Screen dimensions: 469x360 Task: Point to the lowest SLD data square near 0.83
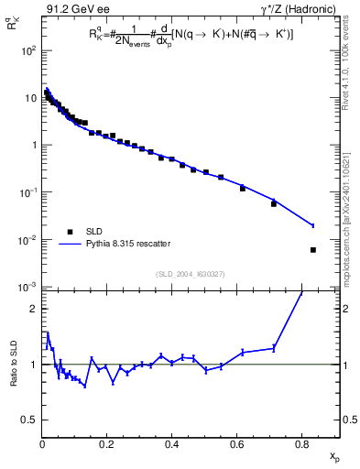[313, 250]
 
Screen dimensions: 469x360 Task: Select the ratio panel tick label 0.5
[29, 420]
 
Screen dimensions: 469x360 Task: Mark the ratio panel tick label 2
[34, 309]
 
